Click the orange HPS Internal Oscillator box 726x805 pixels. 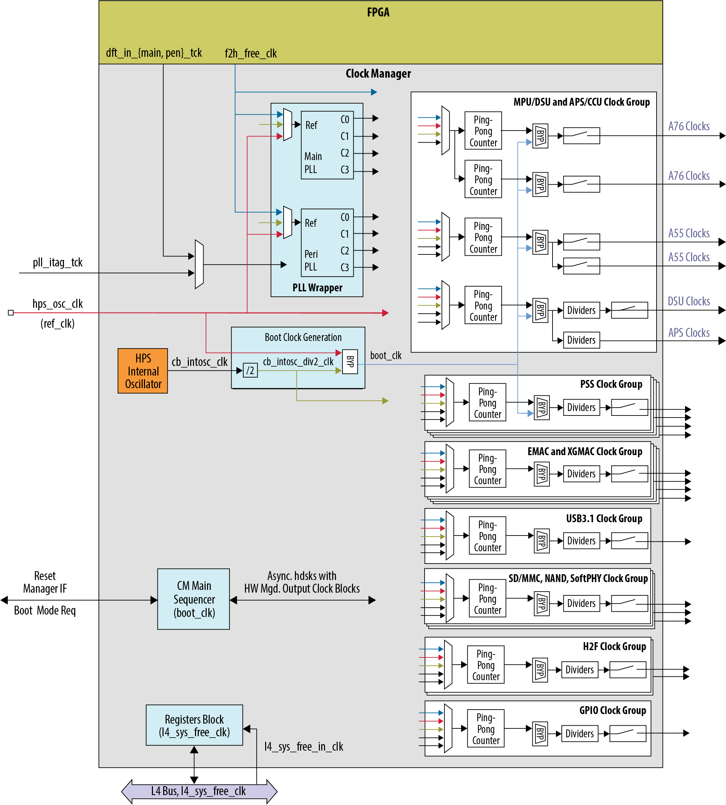tap(142, 371)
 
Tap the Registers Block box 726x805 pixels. tap(194, 725)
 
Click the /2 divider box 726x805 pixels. tap(250, 370)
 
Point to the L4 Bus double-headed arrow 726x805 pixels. tap(199, 791)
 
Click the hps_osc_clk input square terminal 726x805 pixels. tap(11, 313)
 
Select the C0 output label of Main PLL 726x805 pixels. tap(345, 119)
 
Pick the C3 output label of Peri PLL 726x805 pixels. tap(345, 267)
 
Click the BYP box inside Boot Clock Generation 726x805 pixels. tap(350, 361)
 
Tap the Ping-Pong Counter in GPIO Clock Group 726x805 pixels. tap(485, 729)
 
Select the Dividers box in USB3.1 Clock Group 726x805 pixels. tap(581, 541)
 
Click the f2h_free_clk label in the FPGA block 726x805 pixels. tap(250, 53)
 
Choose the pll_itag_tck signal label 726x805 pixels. tap(57, 262)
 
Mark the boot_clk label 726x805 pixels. tap(386, 355)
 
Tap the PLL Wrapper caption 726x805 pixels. tap(317, 288)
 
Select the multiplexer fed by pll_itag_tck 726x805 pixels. tap(199, 264)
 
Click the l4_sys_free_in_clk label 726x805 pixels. tap(303, 747)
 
